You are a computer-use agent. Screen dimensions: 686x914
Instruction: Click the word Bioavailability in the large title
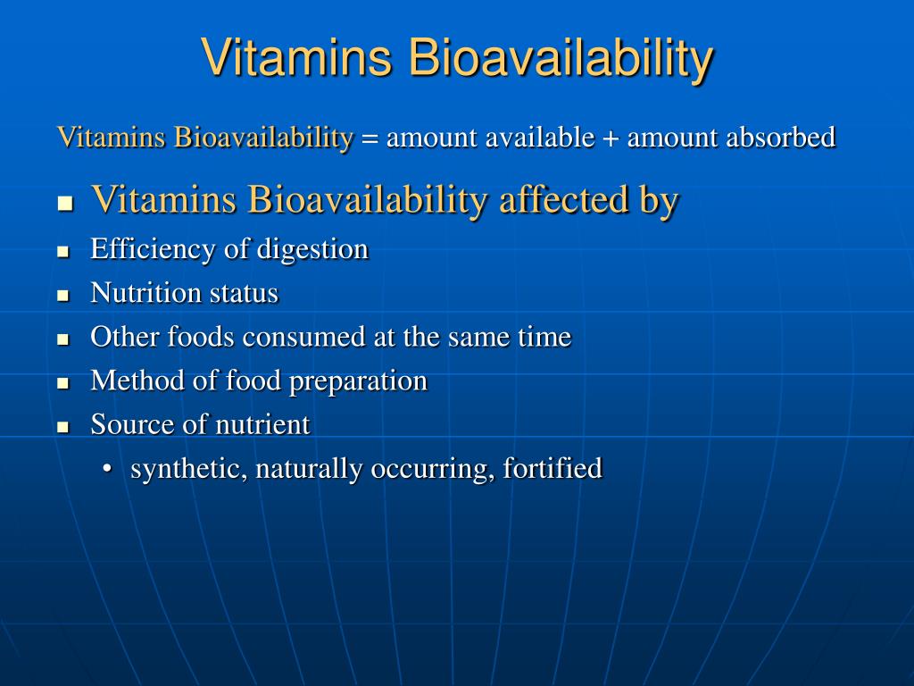point(561,59)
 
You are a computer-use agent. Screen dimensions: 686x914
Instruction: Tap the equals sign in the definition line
point(370,138)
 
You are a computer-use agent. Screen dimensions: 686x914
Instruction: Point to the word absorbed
point(781,138)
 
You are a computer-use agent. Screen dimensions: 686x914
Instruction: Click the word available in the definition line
point(540,138)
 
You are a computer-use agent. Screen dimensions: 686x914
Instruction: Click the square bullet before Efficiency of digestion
point(63,251)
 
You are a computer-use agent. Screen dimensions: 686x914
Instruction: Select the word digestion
point(312,249)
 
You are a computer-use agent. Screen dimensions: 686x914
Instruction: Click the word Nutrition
point(146,293)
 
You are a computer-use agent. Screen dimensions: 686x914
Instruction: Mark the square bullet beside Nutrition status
point(63,295)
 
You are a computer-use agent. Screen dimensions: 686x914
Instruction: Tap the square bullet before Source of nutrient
point(63,426)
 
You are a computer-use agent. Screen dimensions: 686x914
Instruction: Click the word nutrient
point(262,424)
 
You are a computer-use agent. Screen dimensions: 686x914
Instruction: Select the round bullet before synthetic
point(108,469)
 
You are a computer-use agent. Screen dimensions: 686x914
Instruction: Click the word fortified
point(553,467)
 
